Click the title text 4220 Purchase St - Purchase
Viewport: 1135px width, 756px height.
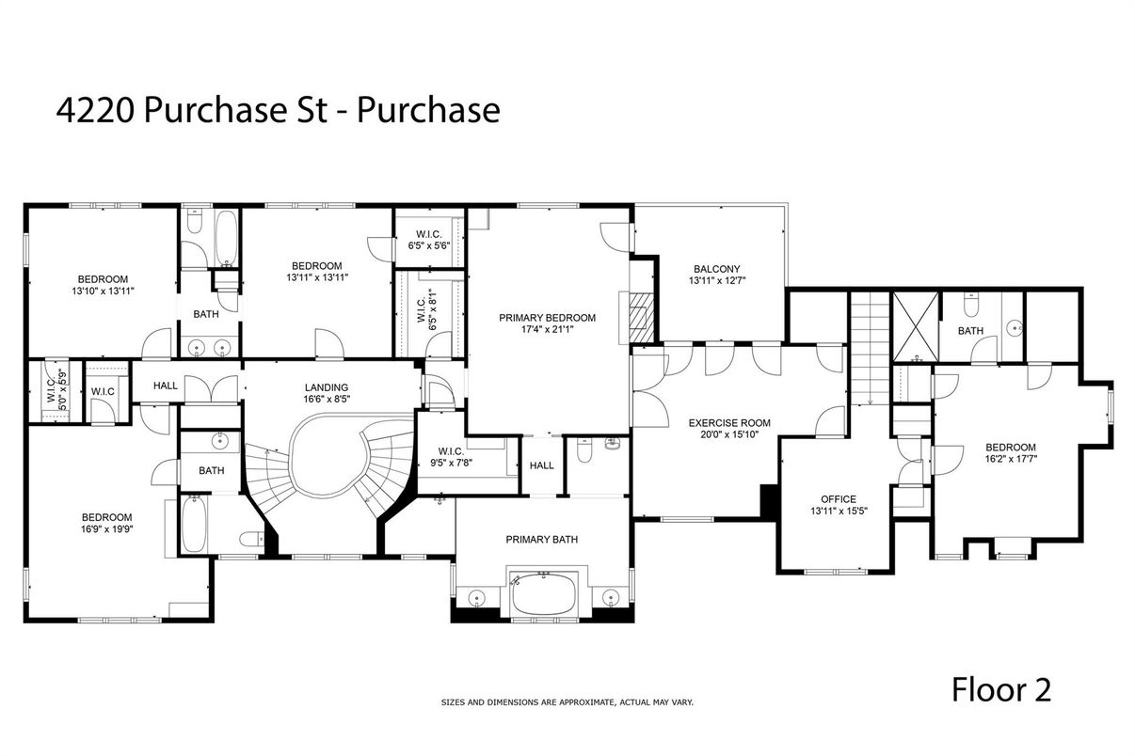click(278, 110)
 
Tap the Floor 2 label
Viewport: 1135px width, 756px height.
click(1000, 690)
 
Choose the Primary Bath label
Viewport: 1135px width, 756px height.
click(541, 540)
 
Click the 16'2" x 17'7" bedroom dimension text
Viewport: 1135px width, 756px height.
click(1010, 460)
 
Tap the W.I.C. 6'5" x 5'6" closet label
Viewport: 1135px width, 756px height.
click(429, 240)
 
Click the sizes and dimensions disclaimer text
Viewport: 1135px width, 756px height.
click(567, 702)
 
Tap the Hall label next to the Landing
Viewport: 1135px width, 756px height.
click(166, 385)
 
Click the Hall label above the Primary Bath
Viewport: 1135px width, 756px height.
click(541, 465)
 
